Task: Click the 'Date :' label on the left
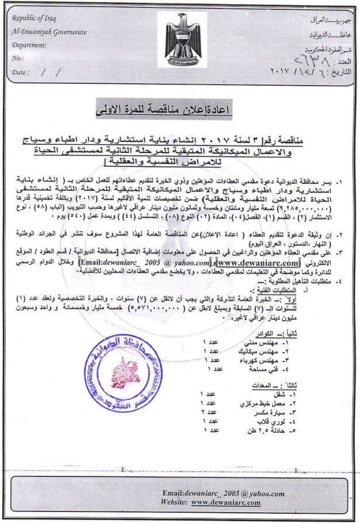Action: (22, 72)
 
